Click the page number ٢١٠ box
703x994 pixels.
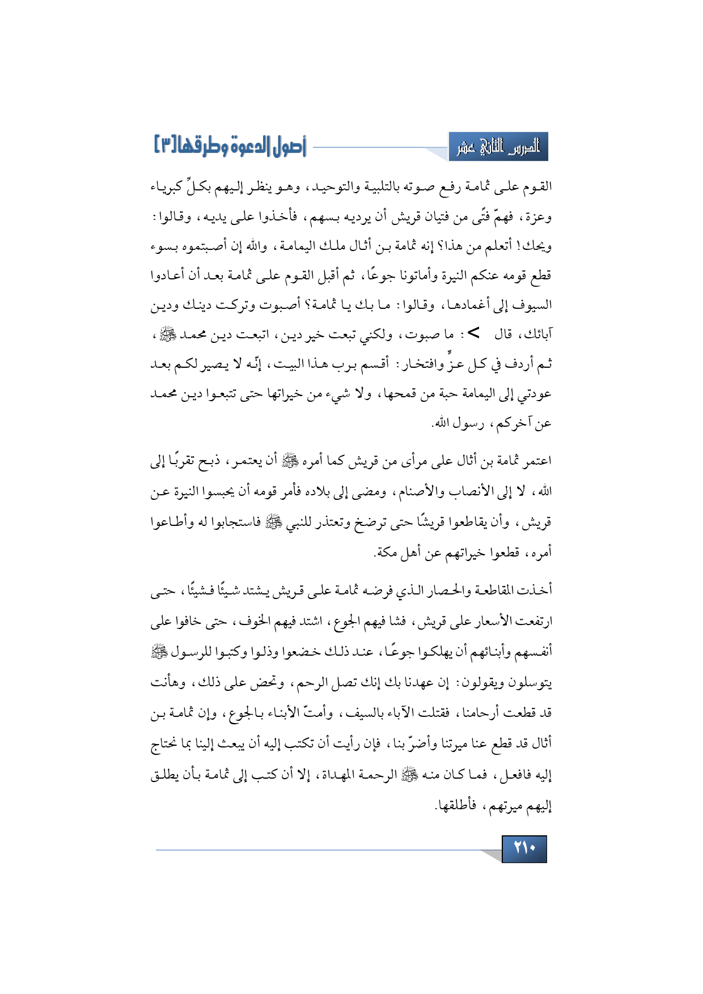[524, 848]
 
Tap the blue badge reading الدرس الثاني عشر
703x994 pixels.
[498, 148]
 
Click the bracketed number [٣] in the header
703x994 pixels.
[168, 147]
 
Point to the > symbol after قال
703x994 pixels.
[473, 333]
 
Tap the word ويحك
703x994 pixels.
[536, 247]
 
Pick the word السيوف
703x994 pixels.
[532, 306]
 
